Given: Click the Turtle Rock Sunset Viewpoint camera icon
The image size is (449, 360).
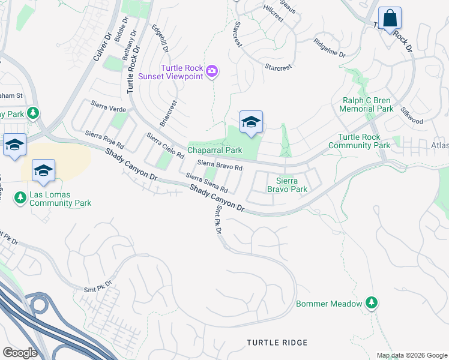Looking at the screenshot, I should (211, 72).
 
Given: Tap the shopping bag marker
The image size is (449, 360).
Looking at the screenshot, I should (390, 19).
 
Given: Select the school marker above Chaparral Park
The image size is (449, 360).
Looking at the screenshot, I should (251, 123).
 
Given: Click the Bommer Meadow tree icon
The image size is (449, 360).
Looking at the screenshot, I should (372, 303).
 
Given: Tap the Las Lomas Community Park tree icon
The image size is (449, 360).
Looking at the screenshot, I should (20, 196).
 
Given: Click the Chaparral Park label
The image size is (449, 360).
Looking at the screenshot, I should (214, 150).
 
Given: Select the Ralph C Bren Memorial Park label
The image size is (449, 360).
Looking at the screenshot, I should (366, 105).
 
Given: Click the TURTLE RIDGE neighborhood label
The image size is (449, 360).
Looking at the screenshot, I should (277, 343).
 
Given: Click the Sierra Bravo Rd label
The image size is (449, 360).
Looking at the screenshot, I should (220, 166).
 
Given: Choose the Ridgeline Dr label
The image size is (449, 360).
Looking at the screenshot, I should (330, 49).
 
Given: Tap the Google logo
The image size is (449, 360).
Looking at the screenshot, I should (20, 353).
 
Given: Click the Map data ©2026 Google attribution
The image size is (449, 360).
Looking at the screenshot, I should (411, 355).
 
